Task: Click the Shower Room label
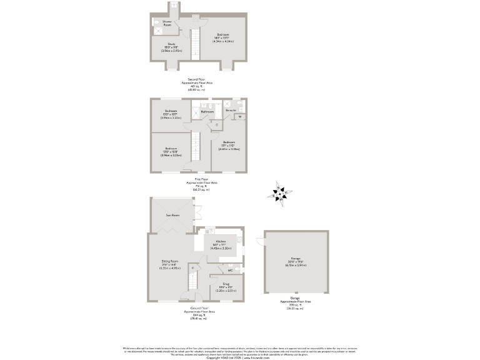pyautogui.click(x=167, y=23)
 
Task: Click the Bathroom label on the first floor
pyautogui.click(x=207, y=111)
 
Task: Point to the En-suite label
pyautogui.click(x=231, y=110)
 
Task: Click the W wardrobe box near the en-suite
pyautogui.click(x=241, y=117)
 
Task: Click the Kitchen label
pyautogui.click(x=220, y=241)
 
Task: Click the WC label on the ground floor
pyautogui.click(x=230, y=270)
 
